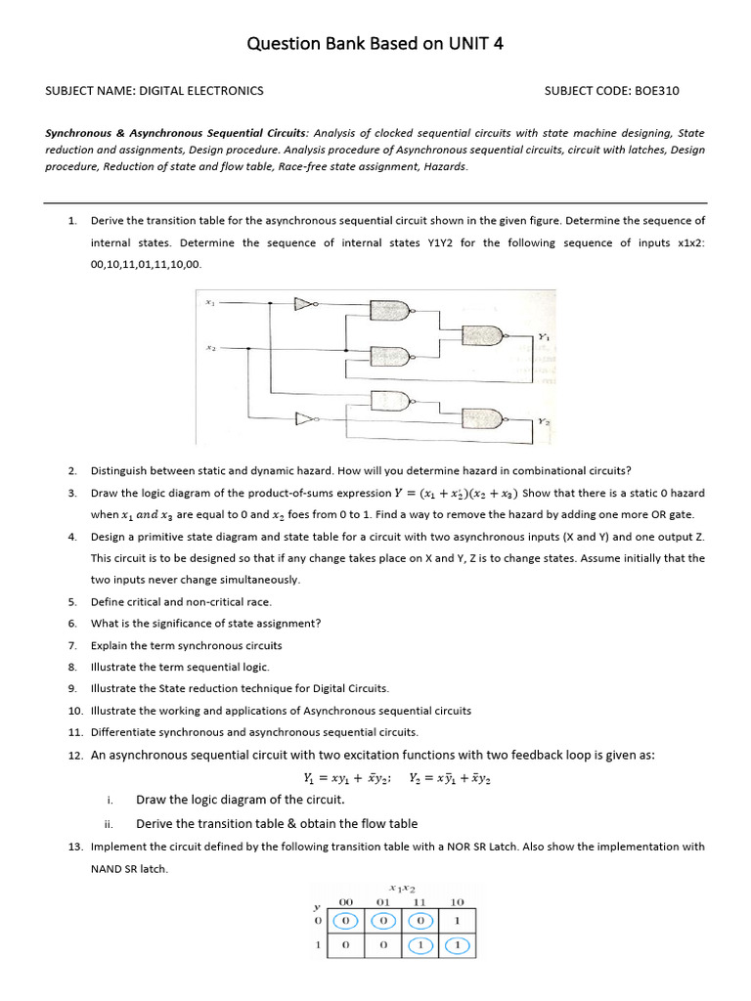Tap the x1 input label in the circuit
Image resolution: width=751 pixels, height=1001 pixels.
pyautogui.click(x=208, y=302)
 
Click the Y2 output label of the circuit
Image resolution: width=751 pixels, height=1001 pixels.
pyautogui.click(x=541, y=421)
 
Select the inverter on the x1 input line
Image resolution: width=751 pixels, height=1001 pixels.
pyautogui.click(x=307, y=303)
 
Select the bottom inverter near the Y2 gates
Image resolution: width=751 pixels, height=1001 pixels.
pyautogui.click(x=307, y=420)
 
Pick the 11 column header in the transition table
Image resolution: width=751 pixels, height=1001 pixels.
pyautogui.click(x=420, y=900)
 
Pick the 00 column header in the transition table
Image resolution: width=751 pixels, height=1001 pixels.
pyautogui.click(x=345, y=900)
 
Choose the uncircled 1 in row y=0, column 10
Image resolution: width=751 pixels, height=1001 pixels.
pyautogui.click(x=457, y=921)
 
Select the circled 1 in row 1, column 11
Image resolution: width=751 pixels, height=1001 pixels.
pyautogui.click(x=420, y=946)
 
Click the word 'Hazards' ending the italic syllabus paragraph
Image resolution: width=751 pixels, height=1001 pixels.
pyautogui.click(x=445, y=166)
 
